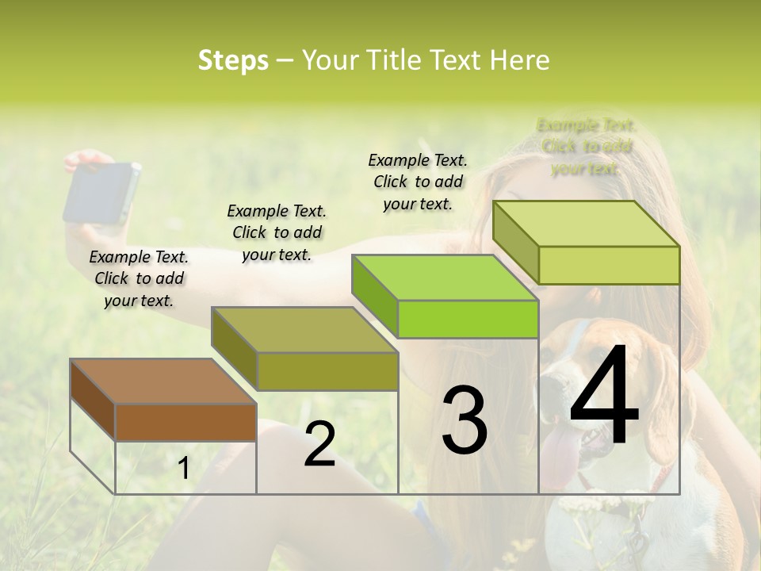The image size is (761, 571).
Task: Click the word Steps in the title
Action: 233,60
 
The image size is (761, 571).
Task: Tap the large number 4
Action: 604,397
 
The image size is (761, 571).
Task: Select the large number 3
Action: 465,420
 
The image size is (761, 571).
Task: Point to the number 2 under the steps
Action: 319,445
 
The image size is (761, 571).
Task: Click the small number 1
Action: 184,469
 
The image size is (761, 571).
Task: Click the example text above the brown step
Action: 139,278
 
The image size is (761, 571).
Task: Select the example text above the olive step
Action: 277,232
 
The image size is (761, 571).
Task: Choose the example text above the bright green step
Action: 418,182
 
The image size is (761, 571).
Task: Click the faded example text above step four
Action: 586,147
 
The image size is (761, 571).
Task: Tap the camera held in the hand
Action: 102,193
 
